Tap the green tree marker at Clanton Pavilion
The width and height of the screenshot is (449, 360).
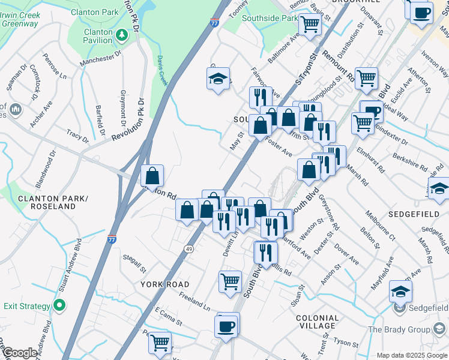coord(122,36)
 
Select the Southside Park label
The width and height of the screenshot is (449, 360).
coord(270,18)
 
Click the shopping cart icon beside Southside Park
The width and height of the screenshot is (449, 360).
coord(310,25)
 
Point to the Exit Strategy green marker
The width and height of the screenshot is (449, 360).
coord(59,306)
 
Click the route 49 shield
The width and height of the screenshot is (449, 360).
coord(188,249)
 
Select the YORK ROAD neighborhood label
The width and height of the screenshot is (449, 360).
coord(165,284)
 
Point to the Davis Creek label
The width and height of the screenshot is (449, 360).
coord(161,70)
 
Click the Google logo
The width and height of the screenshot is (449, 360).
coord(20,353)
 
